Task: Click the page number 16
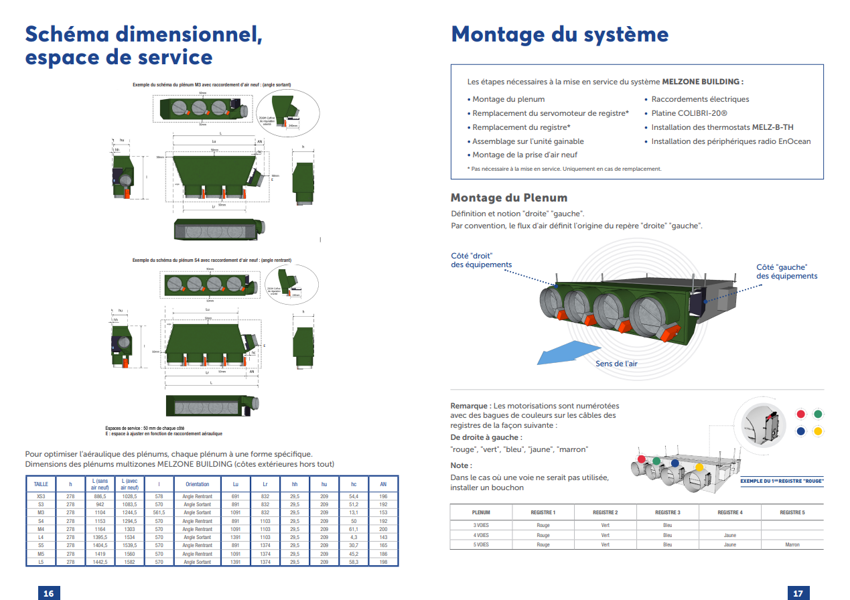click(x=48, y=593)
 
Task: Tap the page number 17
click(x=798, y=593)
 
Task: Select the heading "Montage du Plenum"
click(x=508, y=198)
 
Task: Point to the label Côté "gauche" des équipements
click(x=786, y=271)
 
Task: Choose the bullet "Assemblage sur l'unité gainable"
click(x=527, y=141)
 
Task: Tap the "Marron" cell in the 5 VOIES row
click(x=792, y=544)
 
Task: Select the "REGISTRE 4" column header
click(x=729, y=512)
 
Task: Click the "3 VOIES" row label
click(x=480, y=526)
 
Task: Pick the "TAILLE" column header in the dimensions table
click(x=41, y=484)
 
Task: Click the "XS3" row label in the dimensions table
click(x=41, y=496)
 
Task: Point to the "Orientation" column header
click(x=197, y=484)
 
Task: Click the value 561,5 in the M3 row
click(x=159, y=512)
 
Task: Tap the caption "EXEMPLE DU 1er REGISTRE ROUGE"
click(x=781, y=481)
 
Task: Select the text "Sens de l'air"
click(x=616, y=364)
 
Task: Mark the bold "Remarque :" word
click(x=470, y=406)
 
